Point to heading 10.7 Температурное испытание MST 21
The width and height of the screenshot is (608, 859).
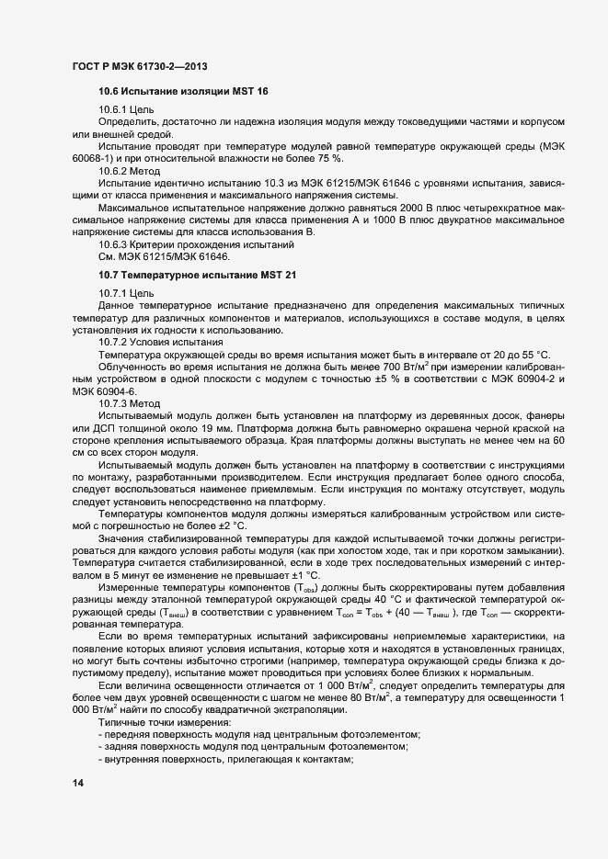point(197,276)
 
